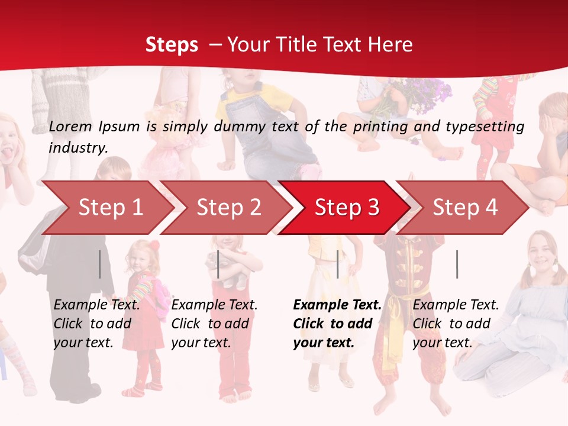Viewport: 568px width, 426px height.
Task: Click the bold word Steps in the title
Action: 172,45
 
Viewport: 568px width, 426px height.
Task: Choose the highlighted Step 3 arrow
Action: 347,208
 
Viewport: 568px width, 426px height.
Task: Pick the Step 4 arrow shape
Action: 465,208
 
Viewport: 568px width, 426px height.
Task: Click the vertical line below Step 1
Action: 100,264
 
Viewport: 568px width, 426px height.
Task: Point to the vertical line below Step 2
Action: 218,264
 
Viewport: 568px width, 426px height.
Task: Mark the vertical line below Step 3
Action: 337,264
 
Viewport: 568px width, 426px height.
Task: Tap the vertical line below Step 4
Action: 457,264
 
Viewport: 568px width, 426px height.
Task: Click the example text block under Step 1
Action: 96,323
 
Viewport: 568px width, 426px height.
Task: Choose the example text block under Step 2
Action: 214,323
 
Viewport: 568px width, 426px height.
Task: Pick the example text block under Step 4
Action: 456,323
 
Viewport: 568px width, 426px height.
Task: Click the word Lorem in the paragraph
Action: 70,126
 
